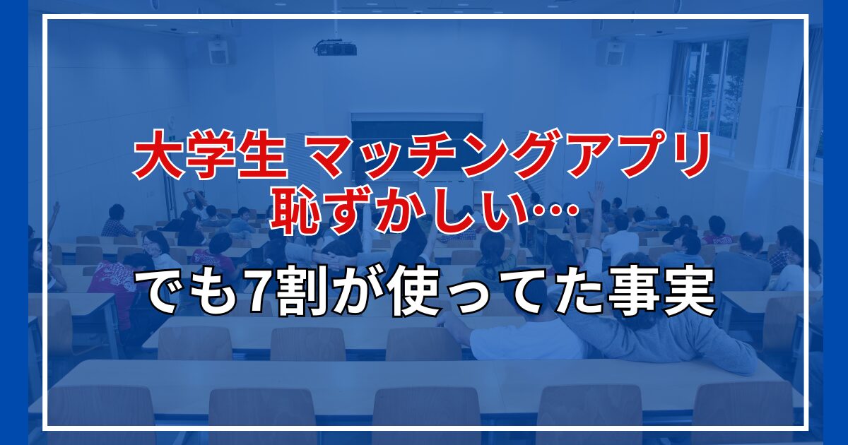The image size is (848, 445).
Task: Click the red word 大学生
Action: pyautogui.click(x=210, y=155)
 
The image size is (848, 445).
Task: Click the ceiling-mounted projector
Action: pyautogui.click(x=336, y=48)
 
